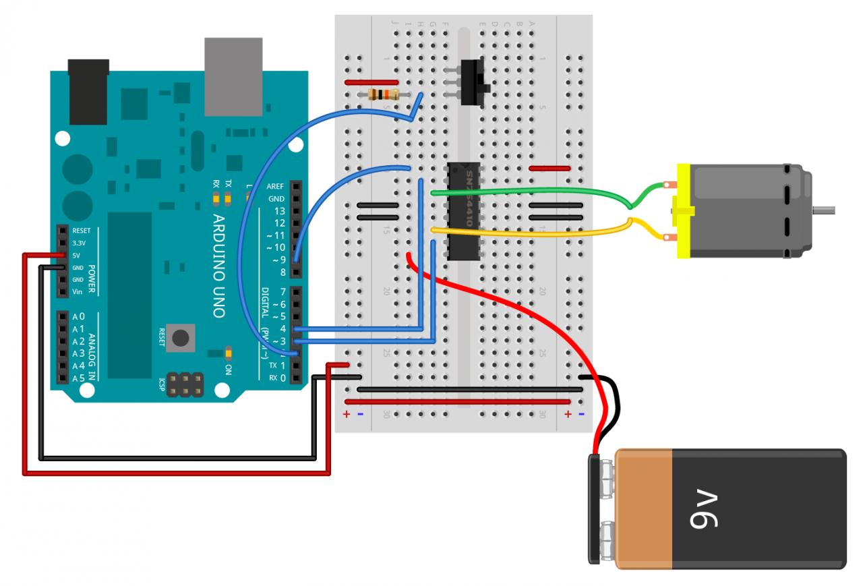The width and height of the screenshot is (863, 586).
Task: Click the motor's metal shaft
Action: point(824,210)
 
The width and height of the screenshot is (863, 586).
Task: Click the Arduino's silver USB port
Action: point(233,76)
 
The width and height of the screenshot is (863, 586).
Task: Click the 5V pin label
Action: point(76,256)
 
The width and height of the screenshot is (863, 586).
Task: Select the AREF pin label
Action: point(275,187)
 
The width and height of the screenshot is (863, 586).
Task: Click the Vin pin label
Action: point(78,292)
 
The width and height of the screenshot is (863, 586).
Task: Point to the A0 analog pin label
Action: point(79,316)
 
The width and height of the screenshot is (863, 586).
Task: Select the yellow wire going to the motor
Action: point(533,234)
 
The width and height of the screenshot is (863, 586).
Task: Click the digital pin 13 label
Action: point(278,211)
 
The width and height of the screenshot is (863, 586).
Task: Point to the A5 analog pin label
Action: point(79,378)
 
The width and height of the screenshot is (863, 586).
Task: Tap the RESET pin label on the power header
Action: point(81,231)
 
